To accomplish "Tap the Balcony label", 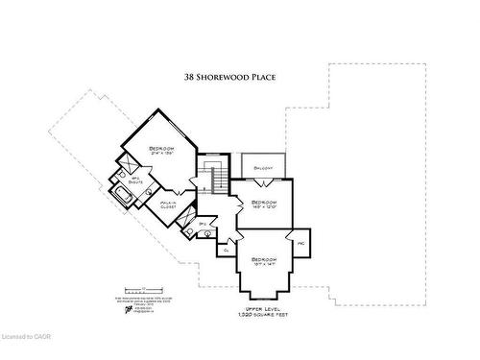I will pyautogui.click(x=263, y=168).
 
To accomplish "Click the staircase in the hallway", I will pyautogui.click(x=216, y=177).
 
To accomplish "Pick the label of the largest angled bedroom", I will pyautogui.click(x=160, y=149).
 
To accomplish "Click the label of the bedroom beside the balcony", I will pyautogui.click(x=262, y=204).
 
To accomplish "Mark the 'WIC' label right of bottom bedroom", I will pyautogui.click(x=300, y=244).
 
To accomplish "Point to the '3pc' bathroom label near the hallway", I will pyautogui.click(x=203, y=223).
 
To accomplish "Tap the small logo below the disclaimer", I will pyautogui.click(x=128, y=309).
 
